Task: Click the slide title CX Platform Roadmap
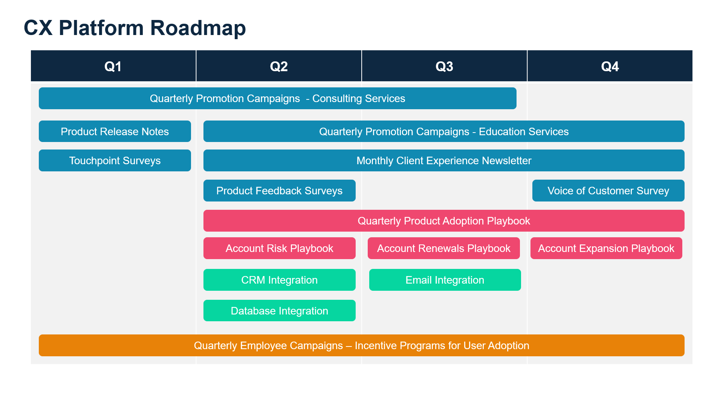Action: [x=135, y=28]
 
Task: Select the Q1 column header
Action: [x=113, y=66]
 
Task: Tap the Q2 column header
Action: [x=279, y=66]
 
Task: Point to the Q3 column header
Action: [x=444, y=66]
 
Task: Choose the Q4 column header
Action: [x=610, y=66]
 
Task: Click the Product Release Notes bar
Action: [x=115, y=131]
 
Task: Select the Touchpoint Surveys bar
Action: [x=115, y=160]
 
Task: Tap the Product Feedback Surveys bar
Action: [x=279, y=191]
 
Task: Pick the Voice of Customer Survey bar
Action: [x=608, y=191]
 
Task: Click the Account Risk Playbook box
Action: [x=279, y=248]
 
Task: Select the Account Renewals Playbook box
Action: [x=443, y=248]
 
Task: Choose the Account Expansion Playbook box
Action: [x=606, y=248]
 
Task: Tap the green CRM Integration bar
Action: [x=279, y=280]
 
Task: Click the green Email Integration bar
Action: [x=445, y=280]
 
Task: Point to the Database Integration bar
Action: [x=279, y=311]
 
